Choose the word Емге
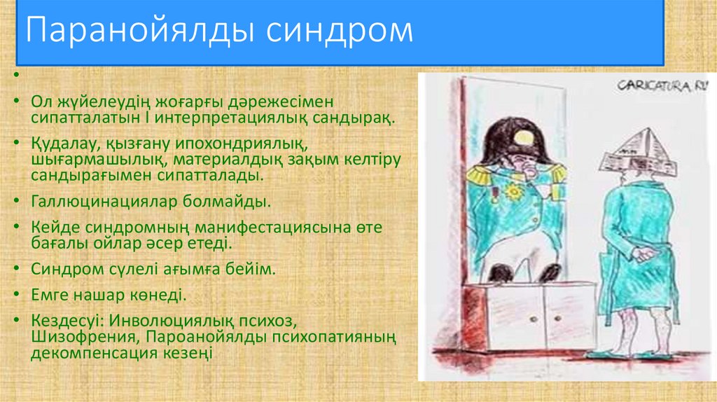tap(50, 296)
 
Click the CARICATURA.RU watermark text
tap(662, 86)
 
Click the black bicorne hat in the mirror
tap(515, 140)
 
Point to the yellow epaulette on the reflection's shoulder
tap(484, 175)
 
